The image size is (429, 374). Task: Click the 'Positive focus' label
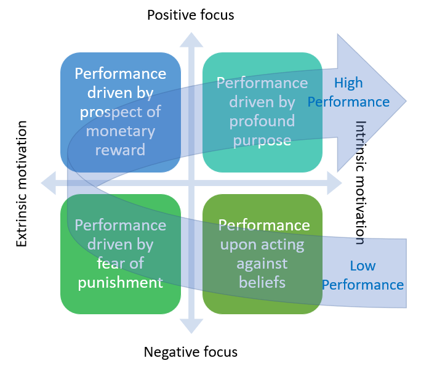click(191, 15)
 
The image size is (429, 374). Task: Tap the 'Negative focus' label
click(190, 352)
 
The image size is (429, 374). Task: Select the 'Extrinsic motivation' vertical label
click(22, 184)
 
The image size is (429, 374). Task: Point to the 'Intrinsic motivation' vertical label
click(361, 182)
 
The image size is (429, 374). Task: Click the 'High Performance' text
click(348, 92)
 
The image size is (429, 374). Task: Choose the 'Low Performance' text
click(363, 275)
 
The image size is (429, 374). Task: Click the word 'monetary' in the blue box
click(121, 131)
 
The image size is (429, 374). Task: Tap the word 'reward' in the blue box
click(121, 150)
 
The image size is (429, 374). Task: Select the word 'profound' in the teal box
click(262, 121)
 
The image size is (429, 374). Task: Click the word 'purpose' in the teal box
click(262, 140)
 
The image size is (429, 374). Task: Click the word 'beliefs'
click(262, 283)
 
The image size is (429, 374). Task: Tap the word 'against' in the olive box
click(262, 264)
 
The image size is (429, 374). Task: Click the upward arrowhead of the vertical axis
click(191, 38)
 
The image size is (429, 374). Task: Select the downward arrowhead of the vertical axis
click(191, 327)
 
